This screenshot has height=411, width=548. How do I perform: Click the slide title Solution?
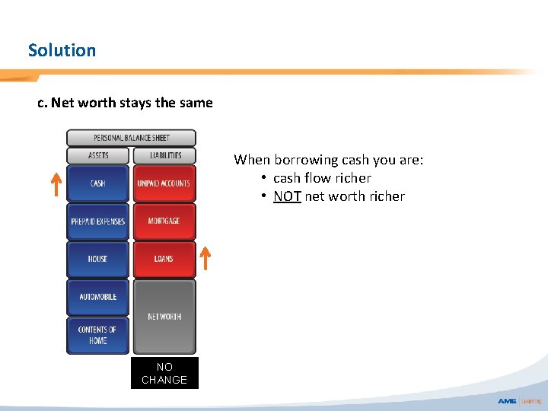click(62, 50)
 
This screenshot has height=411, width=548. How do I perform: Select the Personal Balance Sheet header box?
click(131, 138)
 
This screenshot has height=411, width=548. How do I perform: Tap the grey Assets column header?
click(98, 155)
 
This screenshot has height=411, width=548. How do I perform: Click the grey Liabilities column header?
click(164, 155)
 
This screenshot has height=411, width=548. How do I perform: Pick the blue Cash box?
click(98, 183)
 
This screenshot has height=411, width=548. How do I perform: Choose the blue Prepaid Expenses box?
click(98, 221)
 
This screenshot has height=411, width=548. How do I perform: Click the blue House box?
click(98, 259)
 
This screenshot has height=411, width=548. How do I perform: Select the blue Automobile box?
click(98, 297)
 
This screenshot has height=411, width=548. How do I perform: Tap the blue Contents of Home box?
click(98, 335)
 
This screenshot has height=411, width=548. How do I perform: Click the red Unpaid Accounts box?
click(164, 183)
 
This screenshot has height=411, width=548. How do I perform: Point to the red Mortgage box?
click(164, 221)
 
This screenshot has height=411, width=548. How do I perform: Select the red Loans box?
click(164, 259)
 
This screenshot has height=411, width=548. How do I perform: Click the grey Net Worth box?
click(164, 316)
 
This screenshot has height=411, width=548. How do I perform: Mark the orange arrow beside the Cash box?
click(56, 184)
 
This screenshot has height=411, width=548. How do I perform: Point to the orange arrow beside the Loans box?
click(204, 259)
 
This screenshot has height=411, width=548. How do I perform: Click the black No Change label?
click(164, 373)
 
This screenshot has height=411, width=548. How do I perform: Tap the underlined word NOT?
click(287, 196)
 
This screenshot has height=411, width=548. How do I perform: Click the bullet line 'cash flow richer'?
click(322, 178)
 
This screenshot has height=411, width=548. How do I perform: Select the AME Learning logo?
click(519, 400)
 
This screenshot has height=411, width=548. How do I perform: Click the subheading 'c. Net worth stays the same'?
click(126, 103)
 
